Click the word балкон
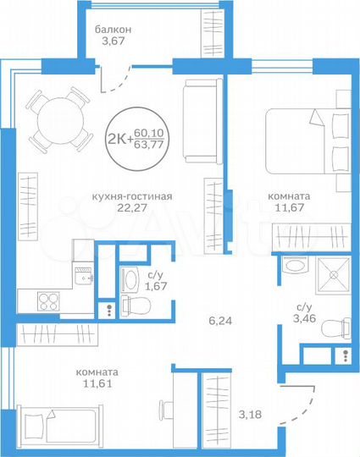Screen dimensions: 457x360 [x=114, y=29]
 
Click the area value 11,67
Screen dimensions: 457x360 [x=288, y=209]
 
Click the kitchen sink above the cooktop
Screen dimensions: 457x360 [x=82, y=273]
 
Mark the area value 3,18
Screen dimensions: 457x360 [x=250, y=414]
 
